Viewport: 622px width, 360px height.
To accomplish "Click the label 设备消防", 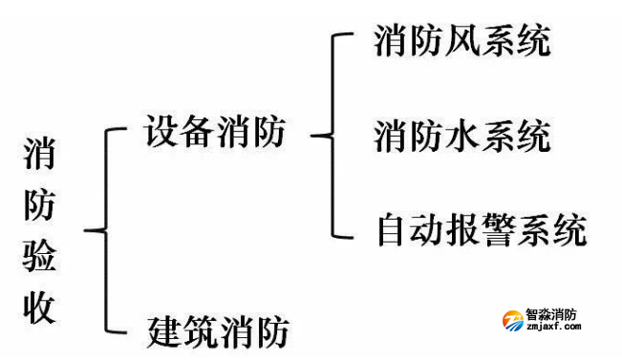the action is point(215,133).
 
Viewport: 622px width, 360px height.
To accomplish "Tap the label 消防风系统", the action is point(463,43).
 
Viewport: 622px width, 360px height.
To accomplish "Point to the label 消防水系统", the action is point(463,136).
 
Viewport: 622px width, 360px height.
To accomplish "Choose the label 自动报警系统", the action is point(481,229).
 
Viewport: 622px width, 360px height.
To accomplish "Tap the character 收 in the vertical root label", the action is point(39,307).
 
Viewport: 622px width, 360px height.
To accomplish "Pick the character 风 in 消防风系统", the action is point(462,43).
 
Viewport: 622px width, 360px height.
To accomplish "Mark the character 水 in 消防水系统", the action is point(462,136).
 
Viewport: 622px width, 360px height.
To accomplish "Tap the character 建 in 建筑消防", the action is point(164,331).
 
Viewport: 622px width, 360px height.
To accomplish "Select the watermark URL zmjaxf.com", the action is point(554,328).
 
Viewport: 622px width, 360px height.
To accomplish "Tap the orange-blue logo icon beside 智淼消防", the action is point(512,319).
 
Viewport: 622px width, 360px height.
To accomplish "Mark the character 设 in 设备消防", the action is point(161,133).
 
